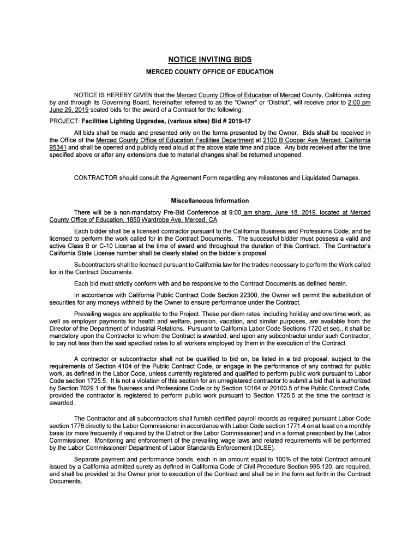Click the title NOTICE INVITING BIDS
209,60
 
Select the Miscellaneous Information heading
209,201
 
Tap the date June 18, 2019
289,212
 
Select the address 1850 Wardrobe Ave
145,219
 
